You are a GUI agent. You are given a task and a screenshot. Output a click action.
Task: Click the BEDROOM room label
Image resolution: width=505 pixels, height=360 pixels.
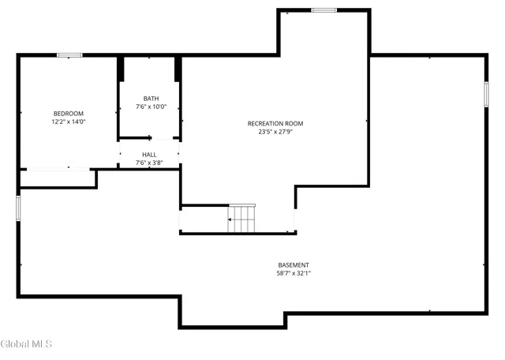(68, 114)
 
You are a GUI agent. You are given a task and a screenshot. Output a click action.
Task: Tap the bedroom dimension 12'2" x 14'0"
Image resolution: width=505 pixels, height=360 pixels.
(68, 122)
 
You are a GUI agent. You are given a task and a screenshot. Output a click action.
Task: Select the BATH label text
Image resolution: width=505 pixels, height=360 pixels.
(150, 99)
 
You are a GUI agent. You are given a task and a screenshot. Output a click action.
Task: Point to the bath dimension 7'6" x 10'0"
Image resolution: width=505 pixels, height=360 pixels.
(150, 107)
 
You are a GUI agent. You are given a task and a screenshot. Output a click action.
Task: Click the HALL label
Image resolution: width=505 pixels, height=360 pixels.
(149, 155)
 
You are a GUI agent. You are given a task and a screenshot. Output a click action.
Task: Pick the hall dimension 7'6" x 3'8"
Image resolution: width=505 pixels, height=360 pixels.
(149, 163)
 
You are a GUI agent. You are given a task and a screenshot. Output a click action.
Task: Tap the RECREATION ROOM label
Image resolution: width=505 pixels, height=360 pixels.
(275, 123)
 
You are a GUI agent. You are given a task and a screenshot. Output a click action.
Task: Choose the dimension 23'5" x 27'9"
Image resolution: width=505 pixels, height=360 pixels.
(275, 132)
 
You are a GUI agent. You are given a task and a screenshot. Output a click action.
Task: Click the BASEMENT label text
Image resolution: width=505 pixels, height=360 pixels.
(294, 265)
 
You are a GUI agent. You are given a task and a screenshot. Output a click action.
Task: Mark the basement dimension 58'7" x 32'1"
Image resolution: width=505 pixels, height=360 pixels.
(294, 274)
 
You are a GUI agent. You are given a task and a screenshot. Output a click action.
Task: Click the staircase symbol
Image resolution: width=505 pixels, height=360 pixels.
(242, 219)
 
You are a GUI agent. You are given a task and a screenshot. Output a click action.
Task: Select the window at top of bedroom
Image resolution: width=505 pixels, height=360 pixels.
(69, 54)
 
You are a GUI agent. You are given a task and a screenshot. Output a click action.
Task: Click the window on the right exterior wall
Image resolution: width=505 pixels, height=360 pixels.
(486, 94)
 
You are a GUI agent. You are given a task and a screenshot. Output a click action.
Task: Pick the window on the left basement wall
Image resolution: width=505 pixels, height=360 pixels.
(19, 208)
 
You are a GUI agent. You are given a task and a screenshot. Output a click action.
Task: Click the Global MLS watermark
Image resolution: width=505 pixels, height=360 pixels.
(26, 343)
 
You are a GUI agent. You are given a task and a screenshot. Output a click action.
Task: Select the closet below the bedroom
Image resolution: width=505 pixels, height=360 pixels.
(57, 178)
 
